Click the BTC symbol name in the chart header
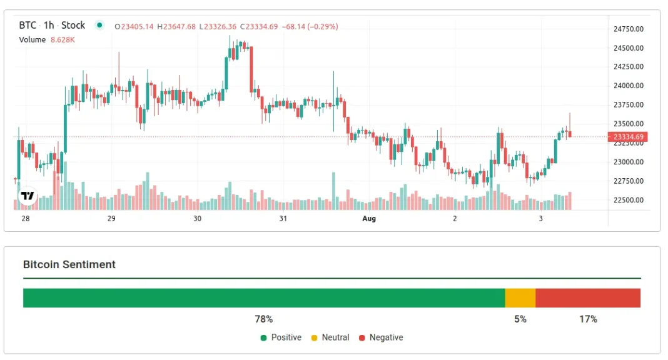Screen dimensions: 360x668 (x=27, y=26)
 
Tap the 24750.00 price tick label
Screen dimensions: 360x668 (x=629, y=29)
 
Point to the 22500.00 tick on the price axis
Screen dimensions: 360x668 (x=629, y=201)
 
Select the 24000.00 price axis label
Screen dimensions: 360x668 (x=629, y=86)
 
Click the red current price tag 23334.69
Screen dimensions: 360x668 (x=628, y=137)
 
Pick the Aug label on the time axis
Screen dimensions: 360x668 (x=369, y=219)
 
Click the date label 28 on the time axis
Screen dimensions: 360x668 (x=26, y=219)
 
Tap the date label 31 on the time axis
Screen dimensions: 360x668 (x=283, y=219)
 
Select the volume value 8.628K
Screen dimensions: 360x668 (x=63, y=40)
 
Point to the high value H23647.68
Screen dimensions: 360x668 (x=176, y=27)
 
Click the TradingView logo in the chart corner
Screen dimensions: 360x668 (x=27, y=196)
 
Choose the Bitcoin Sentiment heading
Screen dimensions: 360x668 (x=69, y=264)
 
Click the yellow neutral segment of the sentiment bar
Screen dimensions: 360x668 (x=520, y=298)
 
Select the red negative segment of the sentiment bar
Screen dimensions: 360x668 (x=588, y=298)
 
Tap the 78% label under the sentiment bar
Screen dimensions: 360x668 (x=263, y=319)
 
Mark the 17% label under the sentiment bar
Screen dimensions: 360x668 (x=588, y=319)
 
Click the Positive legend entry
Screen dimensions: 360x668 (x=281, y=337)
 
